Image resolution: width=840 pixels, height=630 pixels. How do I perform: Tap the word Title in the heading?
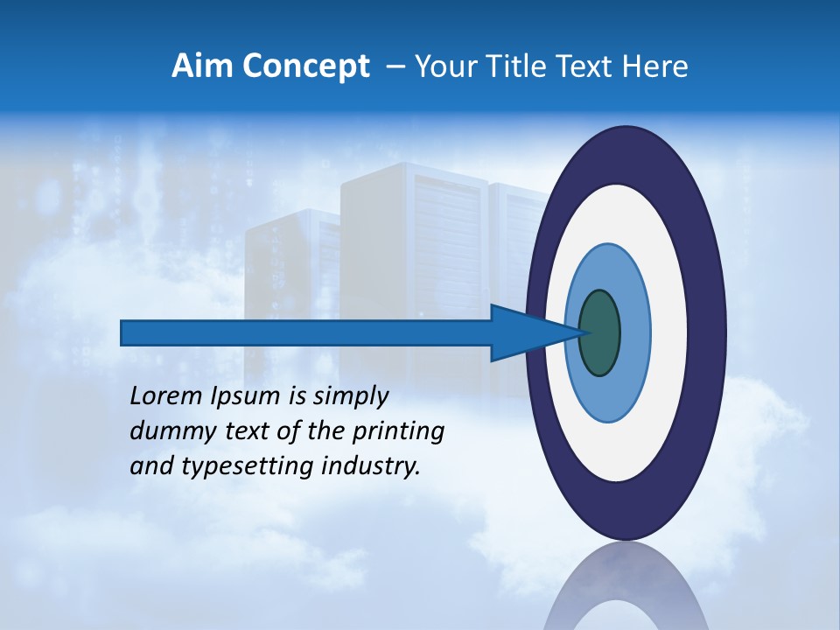(x=508, y=66)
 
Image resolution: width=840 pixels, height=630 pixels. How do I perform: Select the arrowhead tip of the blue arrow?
(x=578, y=332)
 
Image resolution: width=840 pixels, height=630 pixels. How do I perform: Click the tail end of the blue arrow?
(x=123, y=332)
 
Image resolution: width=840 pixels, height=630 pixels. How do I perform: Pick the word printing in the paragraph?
(x=398, y=432)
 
